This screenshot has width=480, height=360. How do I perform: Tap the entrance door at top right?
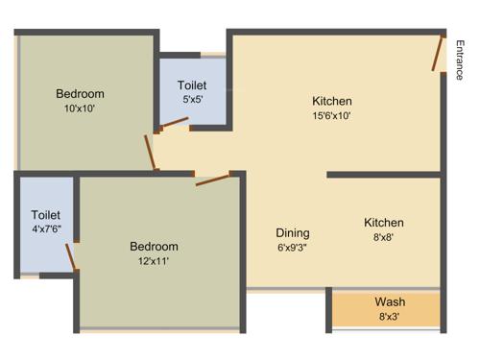pyautogui.click(x=438, y=55)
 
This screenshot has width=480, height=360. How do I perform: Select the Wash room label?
pyautogui.click(x=390, y=302)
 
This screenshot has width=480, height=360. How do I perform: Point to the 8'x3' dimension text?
pyautogui.click(x=390, y=316)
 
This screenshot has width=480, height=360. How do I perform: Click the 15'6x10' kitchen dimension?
pyautogui.click(x=332, y=116)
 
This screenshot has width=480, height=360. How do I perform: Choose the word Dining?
pyautogui.click(x=293, y=233)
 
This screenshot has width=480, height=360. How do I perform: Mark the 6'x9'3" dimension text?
pyautogui.click(x=293, y=247)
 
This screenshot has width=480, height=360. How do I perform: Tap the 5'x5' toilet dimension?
pyautogui.click(x=193, y=98)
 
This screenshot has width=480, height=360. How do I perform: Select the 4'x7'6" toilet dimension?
pyautogui.click(x=46, y=229)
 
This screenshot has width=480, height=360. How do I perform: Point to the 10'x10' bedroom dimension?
pyautogui.click(x=80, y=108)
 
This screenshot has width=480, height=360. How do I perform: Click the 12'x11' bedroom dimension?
pyautogui.click(x=154, y=260)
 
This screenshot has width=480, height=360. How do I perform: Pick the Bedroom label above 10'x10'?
pyautogui.click(x=80, y=94)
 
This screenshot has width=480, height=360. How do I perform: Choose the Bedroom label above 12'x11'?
pyautogui.click(x=154, y=247)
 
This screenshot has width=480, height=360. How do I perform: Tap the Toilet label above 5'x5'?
pyautogui.click(x=193, y=84)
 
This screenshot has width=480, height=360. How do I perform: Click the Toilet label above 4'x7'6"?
pyautogui.click(x=46, y=215)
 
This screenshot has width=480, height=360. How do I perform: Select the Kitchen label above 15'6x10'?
pyautogui.click(x=332, y=102)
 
